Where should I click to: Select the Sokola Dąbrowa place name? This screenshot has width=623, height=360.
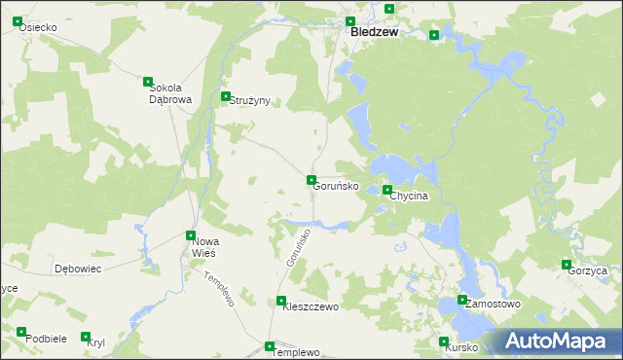(169, 93)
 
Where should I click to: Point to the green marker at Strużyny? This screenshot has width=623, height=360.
(226, 96)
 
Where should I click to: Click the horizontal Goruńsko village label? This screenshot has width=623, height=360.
(336, 186)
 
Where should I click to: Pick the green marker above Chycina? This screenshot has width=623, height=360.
(387, 190)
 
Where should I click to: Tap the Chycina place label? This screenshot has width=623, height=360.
(409, 197)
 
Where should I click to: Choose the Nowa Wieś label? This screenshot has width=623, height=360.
(204, 247)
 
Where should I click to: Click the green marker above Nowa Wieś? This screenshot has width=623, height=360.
(191, 234)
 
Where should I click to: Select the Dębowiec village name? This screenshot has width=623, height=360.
(78, 269)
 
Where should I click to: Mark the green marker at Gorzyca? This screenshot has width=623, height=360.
(567, 264)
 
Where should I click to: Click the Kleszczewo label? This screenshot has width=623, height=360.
(310, 307)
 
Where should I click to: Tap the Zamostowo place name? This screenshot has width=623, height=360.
(493, 305)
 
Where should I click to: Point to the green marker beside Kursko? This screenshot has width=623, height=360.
(445, 342)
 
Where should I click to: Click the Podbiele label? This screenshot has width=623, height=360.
(46, 339)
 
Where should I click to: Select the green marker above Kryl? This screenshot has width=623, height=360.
(87, 336)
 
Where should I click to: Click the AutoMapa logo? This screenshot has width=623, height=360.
(560, 342)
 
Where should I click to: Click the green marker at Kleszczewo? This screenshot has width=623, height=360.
(281, 301)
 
